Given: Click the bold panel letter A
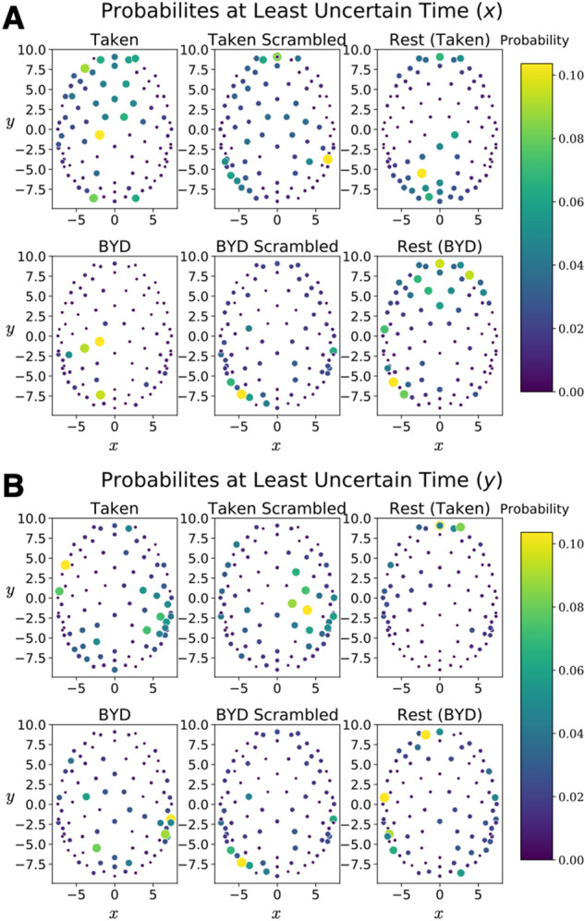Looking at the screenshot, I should pos(13,16).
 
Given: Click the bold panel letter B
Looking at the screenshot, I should pos(13,482).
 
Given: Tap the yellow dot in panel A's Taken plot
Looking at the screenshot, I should pos(100,135).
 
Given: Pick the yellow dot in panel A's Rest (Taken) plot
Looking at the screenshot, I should pos(421,174).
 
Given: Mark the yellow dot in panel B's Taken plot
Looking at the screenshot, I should pos(66,564).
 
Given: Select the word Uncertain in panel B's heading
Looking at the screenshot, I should pos(325,480).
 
